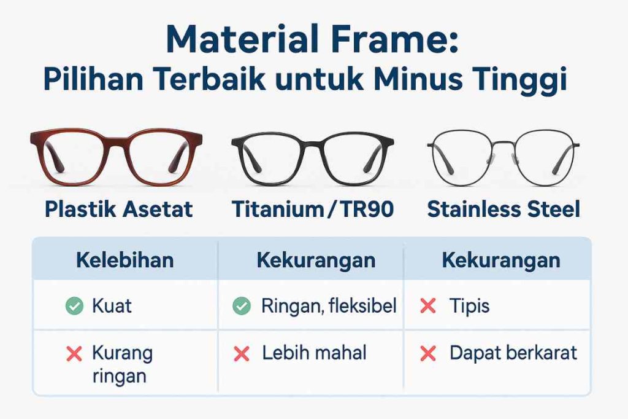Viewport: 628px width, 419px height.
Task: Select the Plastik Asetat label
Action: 118,209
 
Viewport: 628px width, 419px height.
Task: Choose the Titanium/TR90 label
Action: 312,209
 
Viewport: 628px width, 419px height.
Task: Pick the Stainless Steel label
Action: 503,209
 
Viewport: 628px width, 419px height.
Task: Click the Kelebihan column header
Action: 124,260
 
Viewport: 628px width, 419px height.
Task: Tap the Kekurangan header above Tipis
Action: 500,260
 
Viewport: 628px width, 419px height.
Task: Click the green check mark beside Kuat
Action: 74,305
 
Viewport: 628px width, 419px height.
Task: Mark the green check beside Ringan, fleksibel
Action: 242,305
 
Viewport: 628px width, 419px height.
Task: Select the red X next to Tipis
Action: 428,305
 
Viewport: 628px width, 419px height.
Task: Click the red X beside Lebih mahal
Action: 242,353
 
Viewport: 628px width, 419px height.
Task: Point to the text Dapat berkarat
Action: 513,353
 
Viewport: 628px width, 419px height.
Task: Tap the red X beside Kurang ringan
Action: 74,353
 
